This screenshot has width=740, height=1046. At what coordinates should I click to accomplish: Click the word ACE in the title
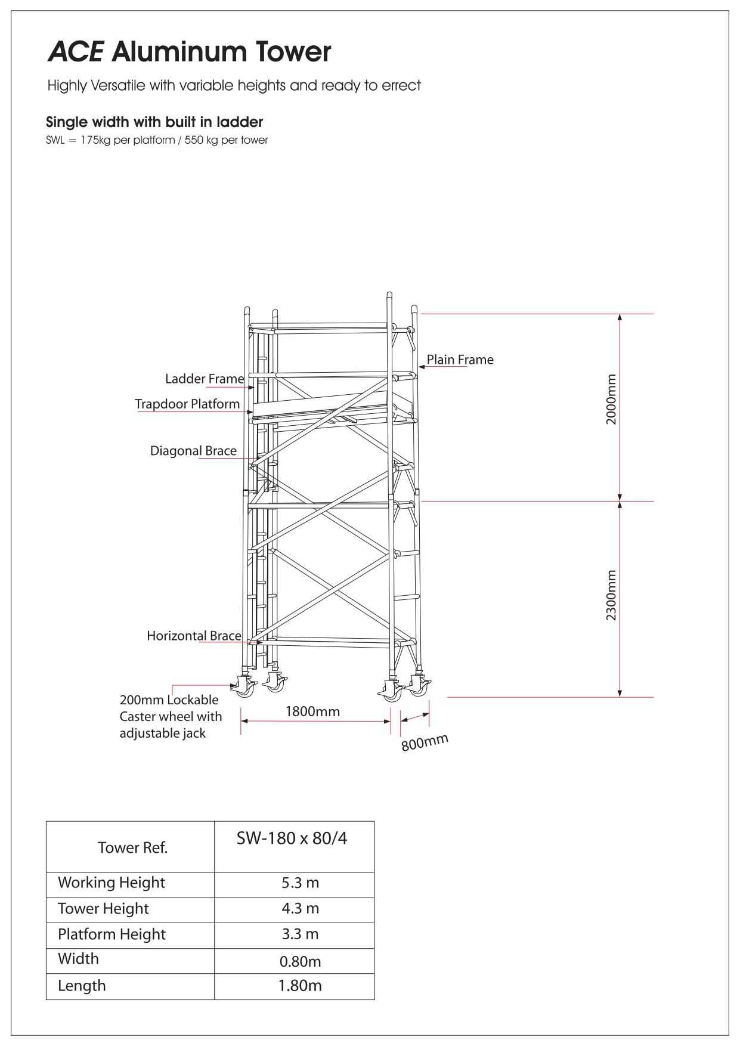75,52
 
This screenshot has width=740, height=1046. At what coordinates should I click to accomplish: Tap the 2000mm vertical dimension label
611,399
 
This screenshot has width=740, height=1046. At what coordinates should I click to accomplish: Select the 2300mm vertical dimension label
611,595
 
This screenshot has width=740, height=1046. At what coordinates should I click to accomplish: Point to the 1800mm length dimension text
312,711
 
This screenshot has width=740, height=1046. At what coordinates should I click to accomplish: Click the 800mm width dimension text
425,742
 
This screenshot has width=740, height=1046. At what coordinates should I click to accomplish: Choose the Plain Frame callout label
460,360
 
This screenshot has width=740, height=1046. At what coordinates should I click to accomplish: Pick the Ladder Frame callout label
205,379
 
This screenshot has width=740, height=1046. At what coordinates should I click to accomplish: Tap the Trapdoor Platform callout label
187,404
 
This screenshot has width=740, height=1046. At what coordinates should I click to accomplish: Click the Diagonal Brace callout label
193,451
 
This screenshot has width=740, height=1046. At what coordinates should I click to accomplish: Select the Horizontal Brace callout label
194,636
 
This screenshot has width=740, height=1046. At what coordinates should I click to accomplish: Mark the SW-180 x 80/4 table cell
292,838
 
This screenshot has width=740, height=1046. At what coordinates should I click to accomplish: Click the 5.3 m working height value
301,883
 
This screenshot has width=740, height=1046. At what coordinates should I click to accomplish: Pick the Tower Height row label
103,909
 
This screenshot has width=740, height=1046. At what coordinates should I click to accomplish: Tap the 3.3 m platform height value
301,934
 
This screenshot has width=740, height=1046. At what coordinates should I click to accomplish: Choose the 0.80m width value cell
301,961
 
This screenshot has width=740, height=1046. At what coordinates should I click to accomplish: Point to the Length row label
82,986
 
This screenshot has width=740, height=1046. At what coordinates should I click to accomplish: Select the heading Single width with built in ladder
154,122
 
